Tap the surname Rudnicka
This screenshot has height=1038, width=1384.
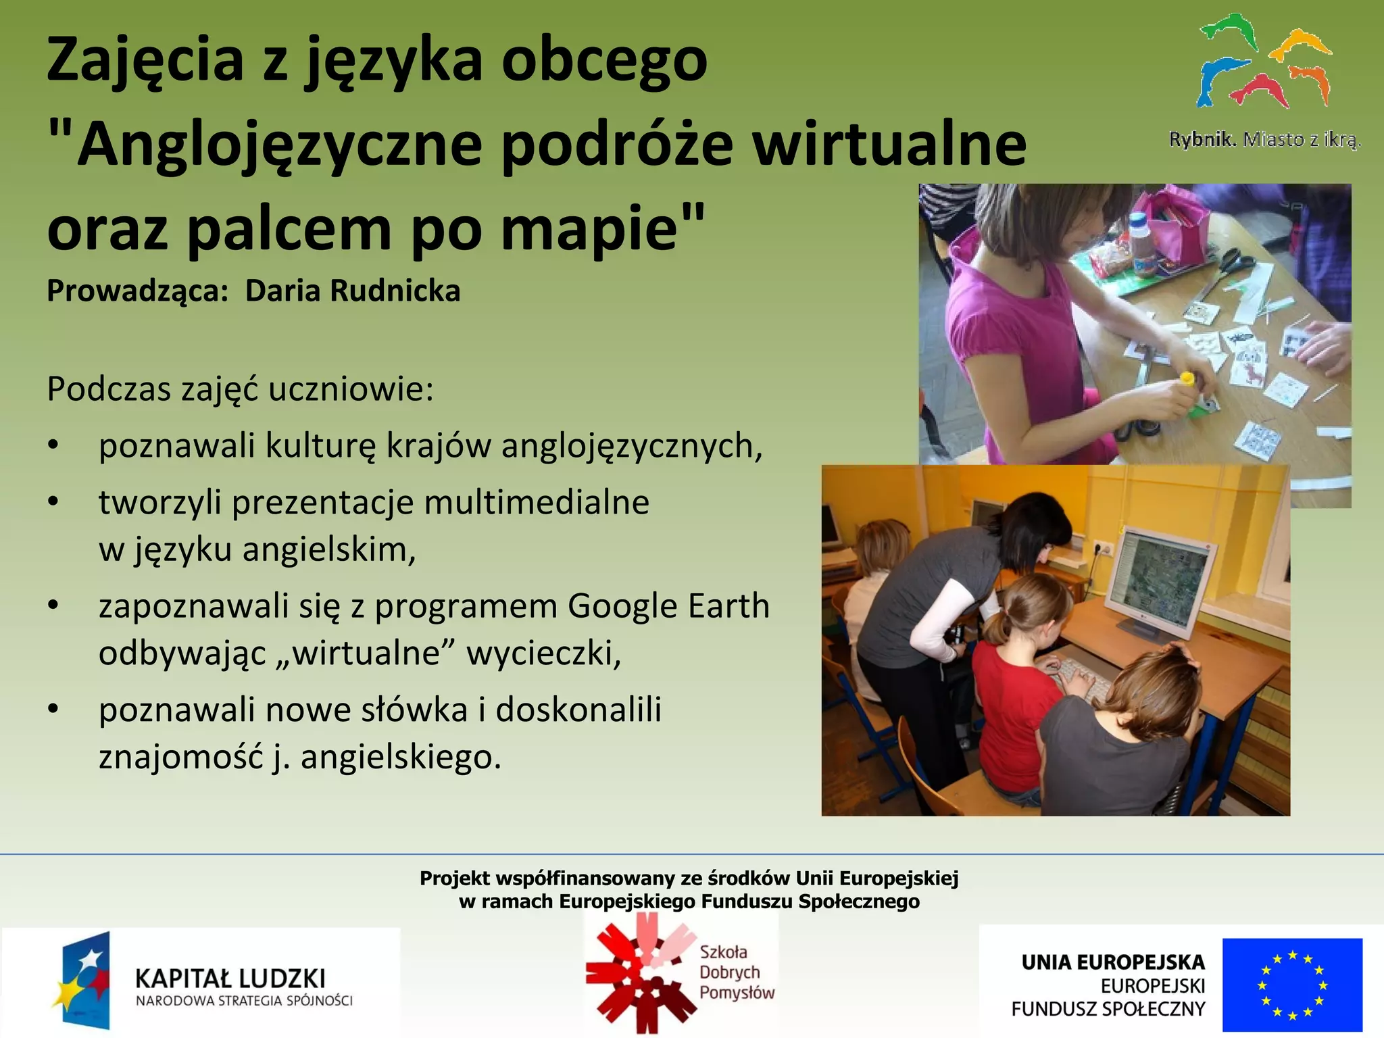(395, 291)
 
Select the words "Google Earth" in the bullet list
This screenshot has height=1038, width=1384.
(668, 605)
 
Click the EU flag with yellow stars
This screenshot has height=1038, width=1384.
(1291, 984)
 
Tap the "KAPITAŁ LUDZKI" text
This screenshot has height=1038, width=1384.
(230, 978)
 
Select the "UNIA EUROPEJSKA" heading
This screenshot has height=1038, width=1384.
(1112, 962)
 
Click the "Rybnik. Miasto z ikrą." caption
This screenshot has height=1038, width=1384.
(1264, 140)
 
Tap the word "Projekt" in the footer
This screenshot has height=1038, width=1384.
(454, 879)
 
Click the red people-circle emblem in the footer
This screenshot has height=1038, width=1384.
(639, 974)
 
